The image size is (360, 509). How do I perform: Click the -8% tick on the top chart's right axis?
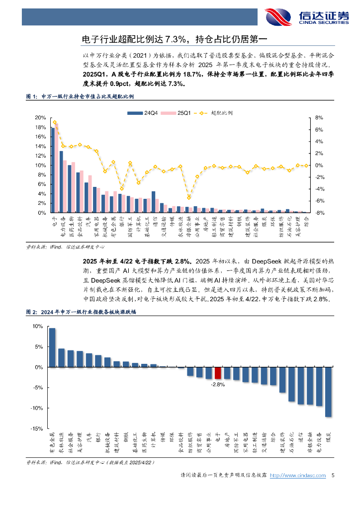point(319,213)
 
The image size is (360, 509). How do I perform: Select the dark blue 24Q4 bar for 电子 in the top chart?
point(53,170)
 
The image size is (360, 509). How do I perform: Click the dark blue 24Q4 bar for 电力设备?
point(61,182)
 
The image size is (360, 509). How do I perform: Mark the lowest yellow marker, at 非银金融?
point(188,198)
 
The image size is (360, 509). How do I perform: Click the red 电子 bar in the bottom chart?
point(217,373)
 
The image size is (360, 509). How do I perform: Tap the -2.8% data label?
point(218,384)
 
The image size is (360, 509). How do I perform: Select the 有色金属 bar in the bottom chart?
point(52,347)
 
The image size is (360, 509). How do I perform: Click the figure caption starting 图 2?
point(82,312)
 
